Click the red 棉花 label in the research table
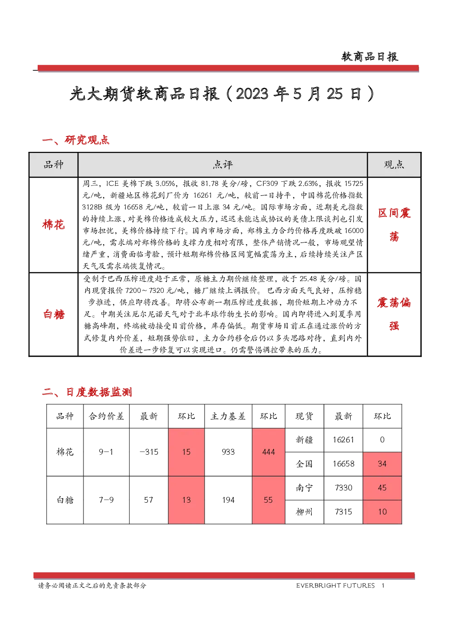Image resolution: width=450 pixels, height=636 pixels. [x=54, y=224]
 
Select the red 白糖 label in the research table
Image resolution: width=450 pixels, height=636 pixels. [x=54, y=314]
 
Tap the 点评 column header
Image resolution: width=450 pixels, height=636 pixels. [x=222, y=165]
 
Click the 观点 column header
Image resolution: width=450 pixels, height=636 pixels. [x=394, y=165]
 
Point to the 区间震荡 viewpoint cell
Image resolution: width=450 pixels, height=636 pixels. [x=394, y=224]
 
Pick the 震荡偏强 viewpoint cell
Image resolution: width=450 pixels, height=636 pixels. [x=394, y=314]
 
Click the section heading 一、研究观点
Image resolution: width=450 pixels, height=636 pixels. [x=76, y=140]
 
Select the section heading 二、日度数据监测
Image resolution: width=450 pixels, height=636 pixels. [x=87, y=392]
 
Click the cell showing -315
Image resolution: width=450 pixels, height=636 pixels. [x=149, y=452]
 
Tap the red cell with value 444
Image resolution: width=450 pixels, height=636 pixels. [x=269, y=452]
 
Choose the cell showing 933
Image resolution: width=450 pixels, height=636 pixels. [x=228, y=452]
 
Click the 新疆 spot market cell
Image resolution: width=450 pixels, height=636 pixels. [x=304, y=440]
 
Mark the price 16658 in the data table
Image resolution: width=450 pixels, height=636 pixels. [x=343, y=464]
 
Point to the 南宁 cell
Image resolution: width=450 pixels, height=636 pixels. [x=304, y=488]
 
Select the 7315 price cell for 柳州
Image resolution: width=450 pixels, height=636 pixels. [x=343, y=512]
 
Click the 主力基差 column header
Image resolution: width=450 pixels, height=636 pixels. [x=228, y=416]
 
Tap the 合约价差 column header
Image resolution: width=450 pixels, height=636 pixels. [x=106, y=416]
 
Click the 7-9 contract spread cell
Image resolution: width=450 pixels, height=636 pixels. [x=106, y=500]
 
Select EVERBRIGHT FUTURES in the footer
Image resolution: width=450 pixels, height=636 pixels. [x=335, y=585]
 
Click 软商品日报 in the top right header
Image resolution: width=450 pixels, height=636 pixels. [x=370, y=57]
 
